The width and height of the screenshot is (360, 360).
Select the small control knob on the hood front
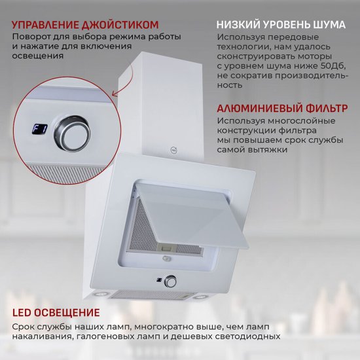(170, 281)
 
